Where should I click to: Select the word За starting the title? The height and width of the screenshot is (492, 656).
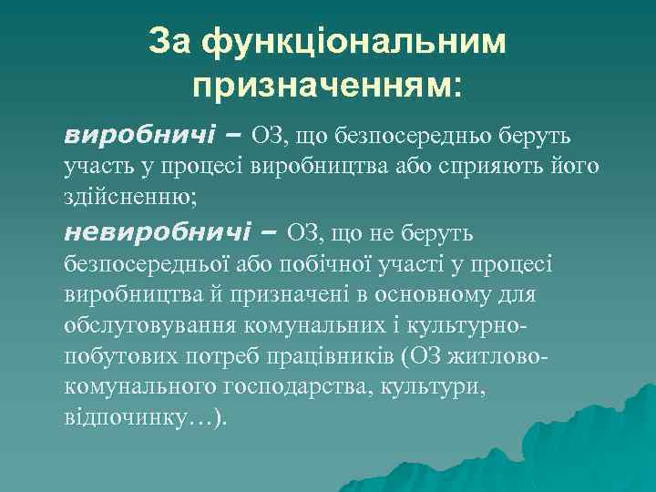[x=171, y=42]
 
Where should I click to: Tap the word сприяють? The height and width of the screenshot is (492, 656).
[x=522, y=168]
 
